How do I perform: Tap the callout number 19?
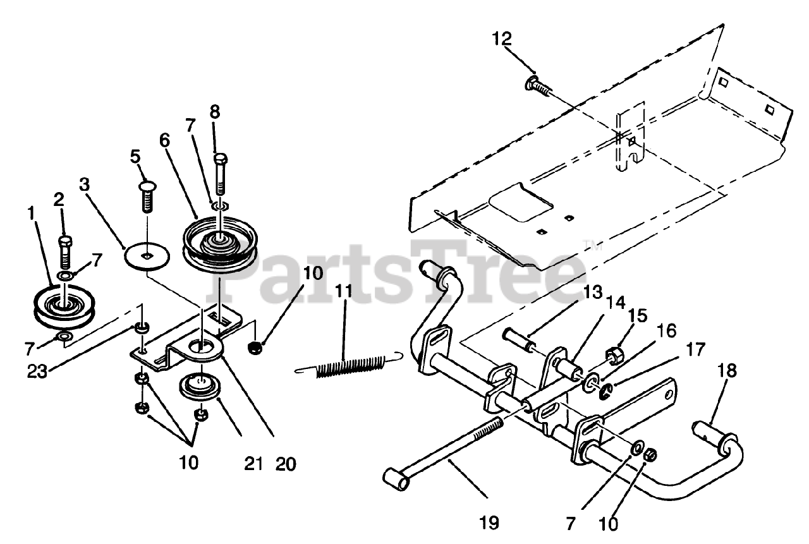pos(489,523)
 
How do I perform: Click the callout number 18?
pos(727,371)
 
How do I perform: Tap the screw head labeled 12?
pos(533,82)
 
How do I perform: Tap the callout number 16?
pos(666,330)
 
